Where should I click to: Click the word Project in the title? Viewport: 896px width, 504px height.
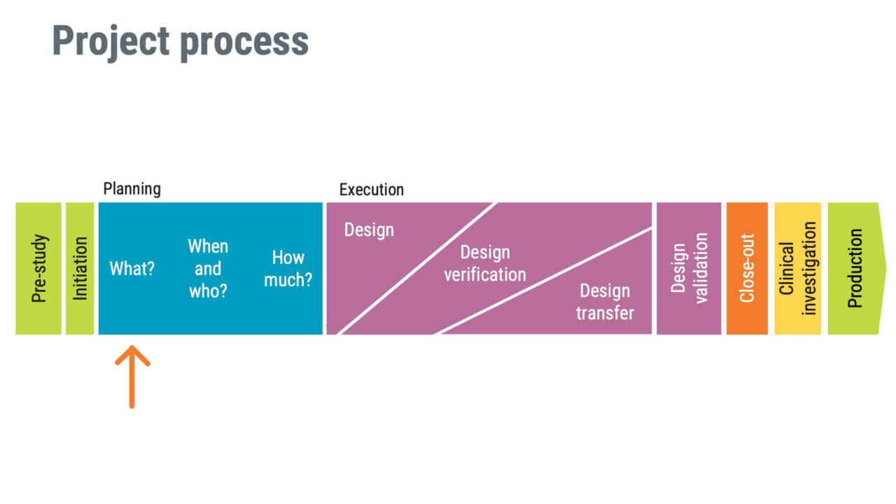coord(111,42)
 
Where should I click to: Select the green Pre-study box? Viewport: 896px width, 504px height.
coord(38,269)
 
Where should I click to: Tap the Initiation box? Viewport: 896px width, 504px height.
coord(80,269)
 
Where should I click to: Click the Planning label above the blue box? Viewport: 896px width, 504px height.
coord(132,189)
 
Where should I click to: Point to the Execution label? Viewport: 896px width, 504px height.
coord(371,190)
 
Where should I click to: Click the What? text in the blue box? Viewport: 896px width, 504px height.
coord(132,269)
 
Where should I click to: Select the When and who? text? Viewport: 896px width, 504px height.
coord(208,269)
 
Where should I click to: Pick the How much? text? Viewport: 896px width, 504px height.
coord(288,269)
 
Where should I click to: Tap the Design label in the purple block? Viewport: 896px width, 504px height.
coord(369,230)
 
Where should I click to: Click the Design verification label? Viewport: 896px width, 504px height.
coord(485,263)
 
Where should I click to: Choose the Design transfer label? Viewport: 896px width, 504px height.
coord(605,302)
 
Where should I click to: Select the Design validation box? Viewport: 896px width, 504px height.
coord(689,269)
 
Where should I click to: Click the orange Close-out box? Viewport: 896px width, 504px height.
coord(747,269)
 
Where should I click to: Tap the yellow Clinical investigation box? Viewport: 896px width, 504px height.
coord(797,269)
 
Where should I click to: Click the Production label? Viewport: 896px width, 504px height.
coord(855,269)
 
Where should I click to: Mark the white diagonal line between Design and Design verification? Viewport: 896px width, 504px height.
coord(417,269)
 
